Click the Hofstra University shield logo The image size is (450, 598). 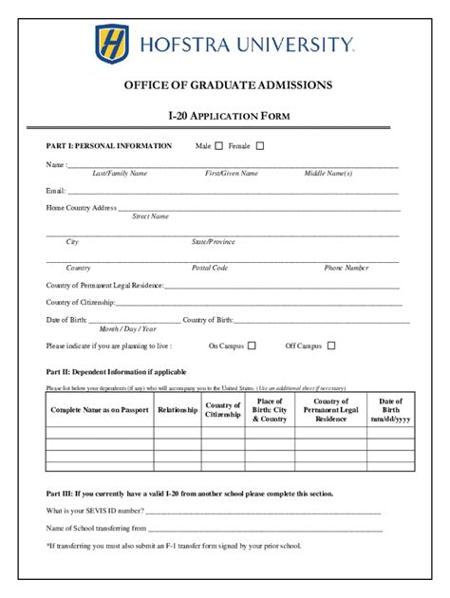111,44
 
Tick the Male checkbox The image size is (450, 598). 219,146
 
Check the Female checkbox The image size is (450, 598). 260,146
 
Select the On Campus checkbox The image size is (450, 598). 252,346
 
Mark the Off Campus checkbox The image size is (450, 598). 331,346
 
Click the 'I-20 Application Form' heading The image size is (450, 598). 228,117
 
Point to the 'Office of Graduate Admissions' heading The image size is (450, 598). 228,85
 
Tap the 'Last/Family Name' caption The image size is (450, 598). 120,174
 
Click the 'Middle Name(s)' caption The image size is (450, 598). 328,174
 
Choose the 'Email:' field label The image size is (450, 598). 56,191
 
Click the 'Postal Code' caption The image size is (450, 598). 210,269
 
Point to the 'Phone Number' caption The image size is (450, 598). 347,269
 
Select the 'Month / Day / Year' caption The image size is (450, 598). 128,328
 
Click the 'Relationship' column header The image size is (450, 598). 178,410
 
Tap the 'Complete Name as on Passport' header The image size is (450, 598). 100,410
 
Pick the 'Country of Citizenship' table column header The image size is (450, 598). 223,410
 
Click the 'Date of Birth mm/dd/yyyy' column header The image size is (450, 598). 390,410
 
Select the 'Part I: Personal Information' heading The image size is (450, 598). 109,146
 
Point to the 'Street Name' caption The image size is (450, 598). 150,216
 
